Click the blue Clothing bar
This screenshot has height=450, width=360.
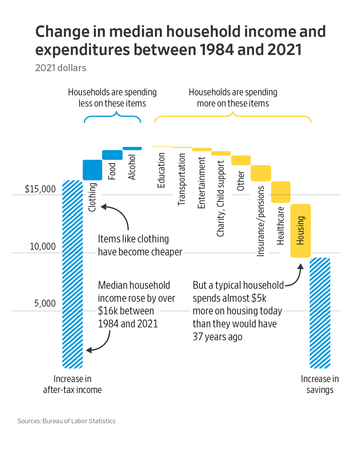tap(92, 170)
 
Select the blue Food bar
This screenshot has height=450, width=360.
tap(112, 155)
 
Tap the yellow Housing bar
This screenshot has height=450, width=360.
tap(300, 231)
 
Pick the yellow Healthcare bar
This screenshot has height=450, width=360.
tap(280, 192)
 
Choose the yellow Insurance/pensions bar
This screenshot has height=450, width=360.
tap(261, 173)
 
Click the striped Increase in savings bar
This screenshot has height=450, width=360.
tap(320, 313)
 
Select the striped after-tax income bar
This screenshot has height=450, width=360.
tap(72, 274)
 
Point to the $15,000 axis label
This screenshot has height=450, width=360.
tap(40, 189)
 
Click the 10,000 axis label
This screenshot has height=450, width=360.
tap(43, 246)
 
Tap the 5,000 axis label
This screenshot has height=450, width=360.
tap(45, 303)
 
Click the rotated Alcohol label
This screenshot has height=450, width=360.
tap(132, 167)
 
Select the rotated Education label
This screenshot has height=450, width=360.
tap(161, 170)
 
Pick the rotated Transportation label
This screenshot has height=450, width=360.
tap(181, 179)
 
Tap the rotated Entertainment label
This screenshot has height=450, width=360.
tap(201, 183)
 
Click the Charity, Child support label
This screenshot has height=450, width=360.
tap(220, 199)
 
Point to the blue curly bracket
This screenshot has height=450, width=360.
tap(112, 118)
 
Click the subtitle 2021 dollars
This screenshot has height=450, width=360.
tap(61, 68)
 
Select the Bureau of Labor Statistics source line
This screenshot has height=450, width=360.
tap(66, 421)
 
